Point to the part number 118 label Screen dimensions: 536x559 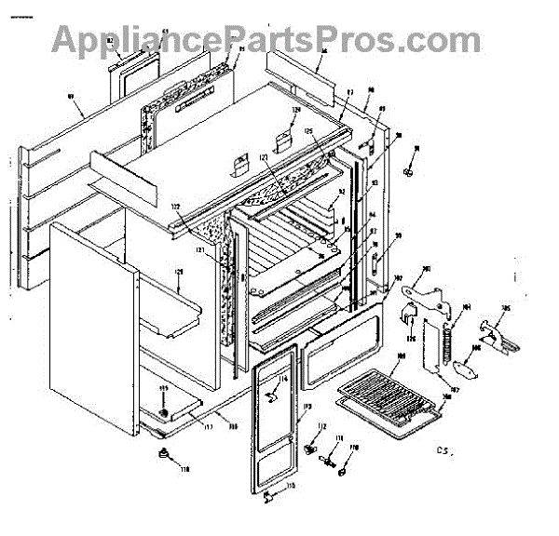point(184,469)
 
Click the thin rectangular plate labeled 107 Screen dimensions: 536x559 point(429,349)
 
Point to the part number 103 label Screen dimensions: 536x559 point(428,271)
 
